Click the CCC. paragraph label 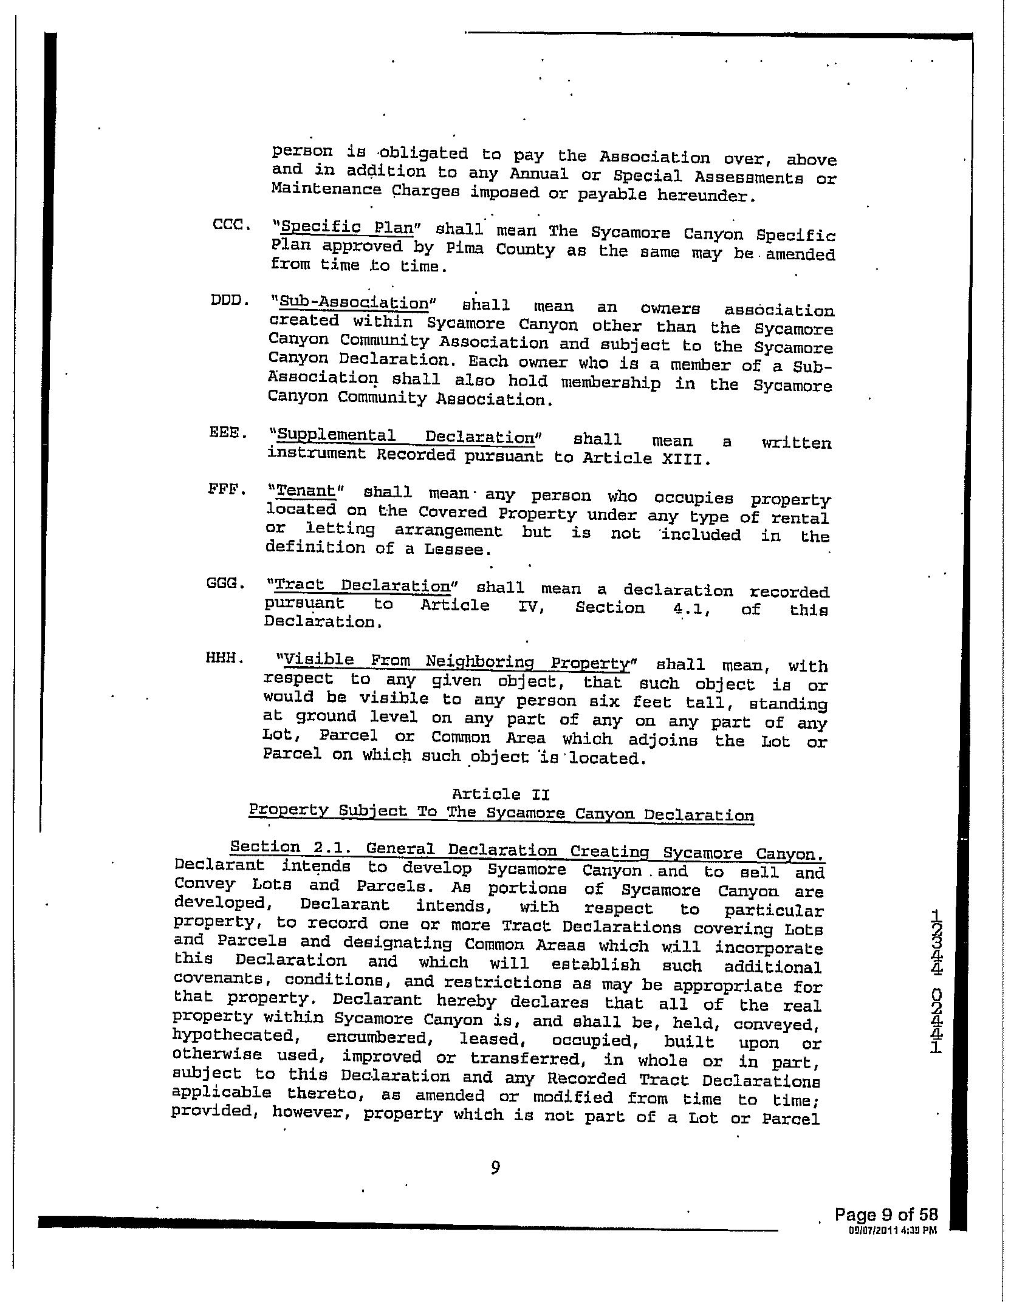click(x=231, y=225)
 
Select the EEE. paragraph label click(x=228, y=434)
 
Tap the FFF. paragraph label click(x=227, y=488)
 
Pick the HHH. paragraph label click(x=224, y=658)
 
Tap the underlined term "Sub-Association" click(x=351, y=302)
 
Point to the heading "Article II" click(x=501, y=794)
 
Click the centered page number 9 click(x=495, y=1167)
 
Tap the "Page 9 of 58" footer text click(x=886, y=1215)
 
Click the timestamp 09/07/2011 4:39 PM click(x=893, y=1230)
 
